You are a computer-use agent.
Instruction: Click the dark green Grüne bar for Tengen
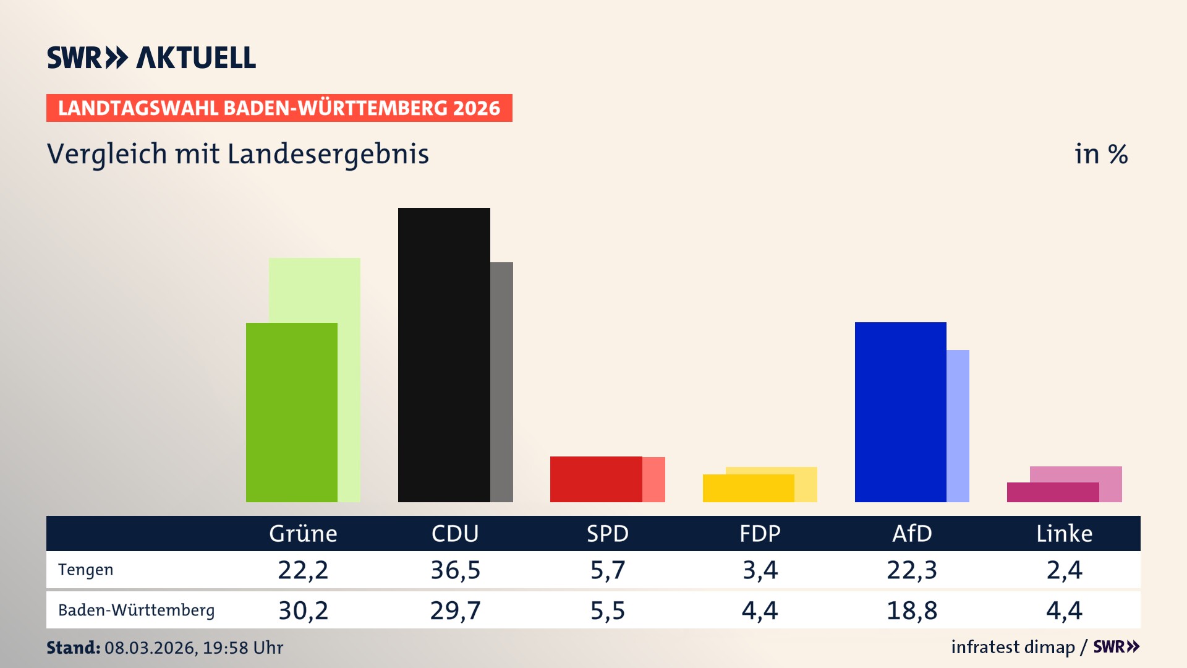pos(291,413)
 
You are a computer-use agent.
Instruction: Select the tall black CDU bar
pos(444,355)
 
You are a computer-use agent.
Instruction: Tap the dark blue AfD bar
pos(900,412)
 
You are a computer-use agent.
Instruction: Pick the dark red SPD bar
pos(596,479)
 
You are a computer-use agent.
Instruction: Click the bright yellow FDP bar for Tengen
pos(748,488)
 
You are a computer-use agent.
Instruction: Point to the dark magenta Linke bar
pos(1052,492)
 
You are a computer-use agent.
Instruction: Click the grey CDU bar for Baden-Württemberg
pos(501,382)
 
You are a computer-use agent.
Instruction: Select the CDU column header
pos(455,533)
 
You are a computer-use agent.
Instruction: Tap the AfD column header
pos(912,533)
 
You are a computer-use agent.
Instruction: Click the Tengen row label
pos(86,570)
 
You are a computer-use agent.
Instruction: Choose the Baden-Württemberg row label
pos(137,610)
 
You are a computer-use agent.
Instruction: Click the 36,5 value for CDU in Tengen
pos(455,570)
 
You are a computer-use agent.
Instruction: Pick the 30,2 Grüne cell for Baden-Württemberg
pos(303,610)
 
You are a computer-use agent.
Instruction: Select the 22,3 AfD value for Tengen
pos(912,570)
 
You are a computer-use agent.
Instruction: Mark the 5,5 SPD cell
pos(608,610)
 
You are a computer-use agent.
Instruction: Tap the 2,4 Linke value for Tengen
pos(1064,570)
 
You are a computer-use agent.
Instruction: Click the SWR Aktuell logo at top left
pos(151,58)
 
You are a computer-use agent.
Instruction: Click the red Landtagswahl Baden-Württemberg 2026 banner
pos(279,108)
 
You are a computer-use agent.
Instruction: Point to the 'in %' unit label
pos(1101,154)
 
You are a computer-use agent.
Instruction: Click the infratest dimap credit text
pos(1013,647)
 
